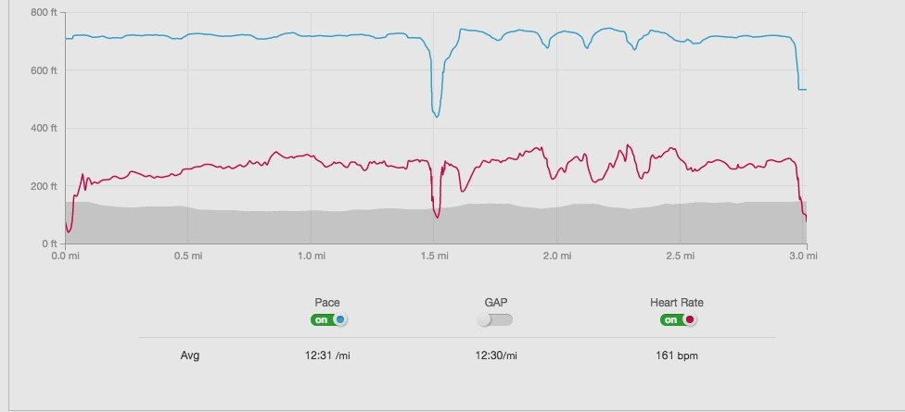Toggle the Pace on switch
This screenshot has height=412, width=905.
329,319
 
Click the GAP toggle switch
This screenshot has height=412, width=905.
494,319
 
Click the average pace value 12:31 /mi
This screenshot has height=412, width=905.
327,355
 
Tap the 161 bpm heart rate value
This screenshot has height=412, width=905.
677,355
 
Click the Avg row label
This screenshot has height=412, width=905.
190,355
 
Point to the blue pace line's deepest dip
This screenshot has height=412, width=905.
436,116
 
